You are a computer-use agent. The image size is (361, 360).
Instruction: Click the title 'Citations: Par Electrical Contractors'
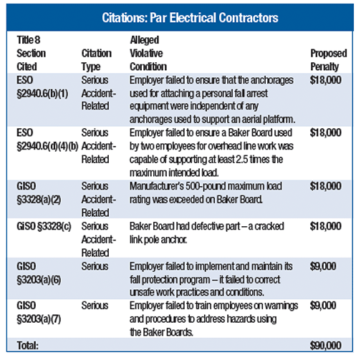tap(180, 16)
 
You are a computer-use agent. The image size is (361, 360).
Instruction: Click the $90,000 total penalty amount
tap(327, 345)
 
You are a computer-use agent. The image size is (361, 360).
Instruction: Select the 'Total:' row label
tap(27, 345)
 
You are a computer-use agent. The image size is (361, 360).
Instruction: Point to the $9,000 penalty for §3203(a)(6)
tap(324, 265)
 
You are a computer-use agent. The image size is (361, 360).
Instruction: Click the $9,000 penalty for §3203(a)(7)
tap(324, 305)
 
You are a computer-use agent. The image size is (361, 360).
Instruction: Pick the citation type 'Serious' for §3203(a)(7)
tap(95, 305)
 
